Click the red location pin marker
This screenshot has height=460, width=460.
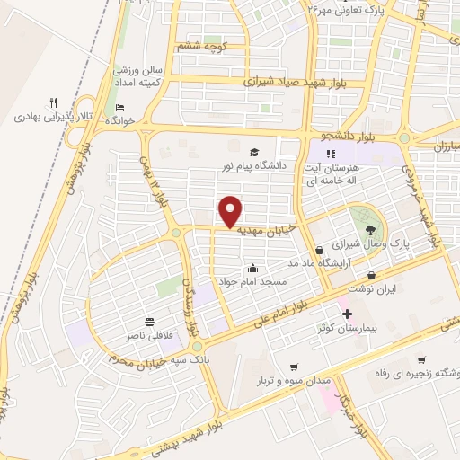pyautogui.click(x=231, y=213)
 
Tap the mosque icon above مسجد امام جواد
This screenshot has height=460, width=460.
pyautogui.click(x=252, y=268)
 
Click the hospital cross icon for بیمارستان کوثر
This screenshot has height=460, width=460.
pyautogui.click(x=348, y=314)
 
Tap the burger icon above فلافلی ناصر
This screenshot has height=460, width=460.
pyautogui.click(x=148, y=321)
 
